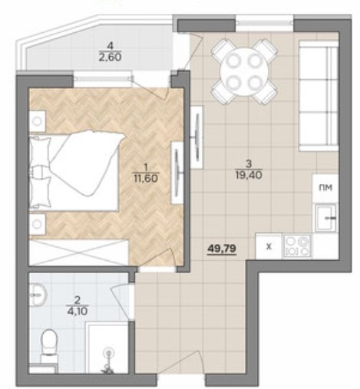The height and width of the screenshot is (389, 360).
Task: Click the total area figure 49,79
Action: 222,248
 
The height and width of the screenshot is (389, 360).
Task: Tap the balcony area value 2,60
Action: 110,57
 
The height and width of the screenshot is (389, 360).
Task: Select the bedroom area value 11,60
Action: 146,178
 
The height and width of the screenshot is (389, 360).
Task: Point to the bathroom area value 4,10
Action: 77,312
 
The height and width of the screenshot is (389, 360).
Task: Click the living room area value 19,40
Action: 249,175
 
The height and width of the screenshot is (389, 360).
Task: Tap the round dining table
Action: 245,72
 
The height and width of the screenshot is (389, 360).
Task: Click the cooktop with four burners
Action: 297,246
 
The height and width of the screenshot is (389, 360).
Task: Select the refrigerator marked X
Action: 269,246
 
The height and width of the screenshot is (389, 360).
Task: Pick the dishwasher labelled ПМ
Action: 325,188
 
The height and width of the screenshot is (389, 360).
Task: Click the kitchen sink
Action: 325,218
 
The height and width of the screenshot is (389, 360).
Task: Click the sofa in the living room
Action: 319,96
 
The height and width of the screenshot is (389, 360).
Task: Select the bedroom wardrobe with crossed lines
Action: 79,252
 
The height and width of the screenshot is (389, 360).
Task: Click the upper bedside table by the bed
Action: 38,121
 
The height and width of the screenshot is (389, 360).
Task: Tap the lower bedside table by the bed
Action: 38,224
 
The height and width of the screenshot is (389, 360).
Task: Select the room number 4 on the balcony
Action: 110,46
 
